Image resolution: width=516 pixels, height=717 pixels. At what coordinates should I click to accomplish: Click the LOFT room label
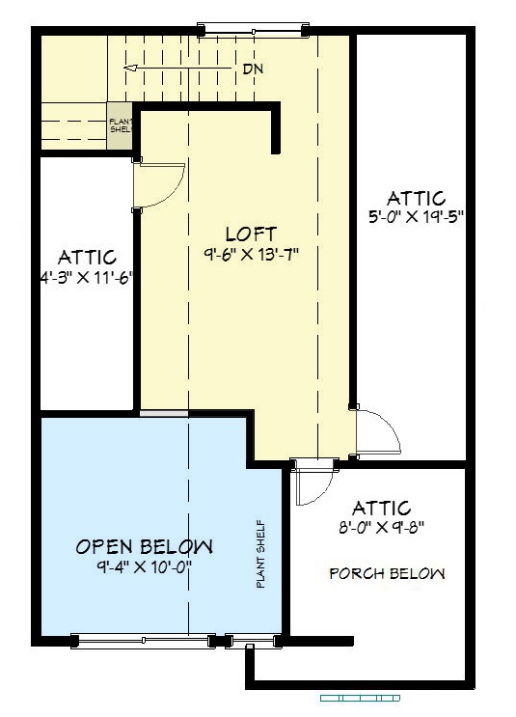252,234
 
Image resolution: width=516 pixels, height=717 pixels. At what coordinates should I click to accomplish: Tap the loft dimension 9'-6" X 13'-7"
252,254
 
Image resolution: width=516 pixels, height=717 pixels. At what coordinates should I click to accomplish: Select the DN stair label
253,69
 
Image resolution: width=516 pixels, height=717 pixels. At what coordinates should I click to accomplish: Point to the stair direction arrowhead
131,69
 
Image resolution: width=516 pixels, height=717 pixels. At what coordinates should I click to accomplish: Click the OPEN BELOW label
145,547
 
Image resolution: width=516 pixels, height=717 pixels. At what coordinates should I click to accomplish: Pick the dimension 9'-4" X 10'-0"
144,567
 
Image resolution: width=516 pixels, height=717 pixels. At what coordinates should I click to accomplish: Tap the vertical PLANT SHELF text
260,554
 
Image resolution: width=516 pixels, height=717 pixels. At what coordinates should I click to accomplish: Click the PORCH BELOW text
387,573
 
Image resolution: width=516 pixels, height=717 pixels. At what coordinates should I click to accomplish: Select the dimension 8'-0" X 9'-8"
382,528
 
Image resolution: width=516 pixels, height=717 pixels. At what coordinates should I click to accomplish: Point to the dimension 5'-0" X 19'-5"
417,216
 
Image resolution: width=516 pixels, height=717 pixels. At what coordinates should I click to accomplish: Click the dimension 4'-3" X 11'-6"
87,277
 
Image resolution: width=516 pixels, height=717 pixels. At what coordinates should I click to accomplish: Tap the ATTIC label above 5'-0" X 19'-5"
417,198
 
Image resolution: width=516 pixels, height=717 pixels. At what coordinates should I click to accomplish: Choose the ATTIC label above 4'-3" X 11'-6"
87,257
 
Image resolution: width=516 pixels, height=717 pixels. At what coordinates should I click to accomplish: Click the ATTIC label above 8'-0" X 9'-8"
382,508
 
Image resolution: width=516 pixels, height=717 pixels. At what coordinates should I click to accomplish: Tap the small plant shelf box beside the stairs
120,125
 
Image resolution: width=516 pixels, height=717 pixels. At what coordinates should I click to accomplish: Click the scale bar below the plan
360,699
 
